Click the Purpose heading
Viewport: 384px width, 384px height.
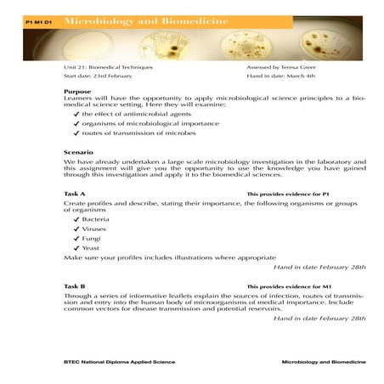pyautogui.click(x=77, y=91)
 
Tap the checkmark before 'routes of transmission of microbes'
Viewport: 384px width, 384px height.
pyautogui.click(x=76, y=133)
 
